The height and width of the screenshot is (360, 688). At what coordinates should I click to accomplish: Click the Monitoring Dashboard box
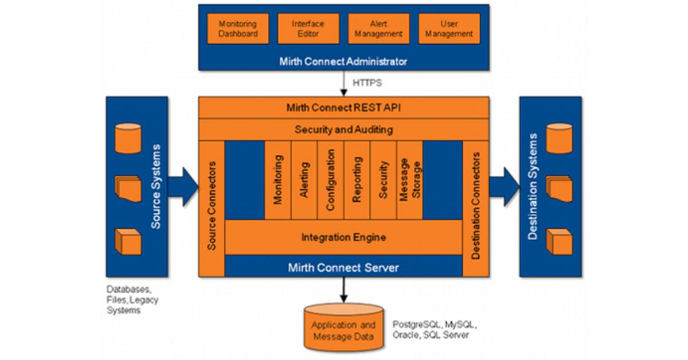tap(238, 29)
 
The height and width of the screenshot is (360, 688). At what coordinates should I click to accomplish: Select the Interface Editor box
tap(308, 29)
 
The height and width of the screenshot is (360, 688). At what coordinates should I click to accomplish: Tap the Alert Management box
tap(378, 29)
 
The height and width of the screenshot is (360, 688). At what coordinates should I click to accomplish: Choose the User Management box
tap(449, 29)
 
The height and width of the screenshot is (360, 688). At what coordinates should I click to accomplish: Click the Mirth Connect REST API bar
tap(343, 107)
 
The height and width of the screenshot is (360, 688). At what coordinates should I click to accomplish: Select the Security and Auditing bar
tap(343, 130)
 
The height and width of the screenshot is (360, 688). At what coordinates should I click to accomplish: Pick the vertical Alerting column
tap(304, 180)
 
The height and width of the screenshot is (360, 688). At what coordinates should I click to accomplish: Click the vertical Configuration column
tap(330, 180)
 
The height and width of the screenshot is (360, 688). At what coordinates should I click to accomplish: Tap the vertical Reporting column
tap(357, 180)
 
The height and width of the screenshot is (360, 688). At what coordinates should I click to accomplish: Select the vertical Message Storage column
tap(410, 180)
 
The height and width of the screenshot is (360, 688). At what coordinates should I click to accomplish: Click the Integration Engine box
tap(343, 237)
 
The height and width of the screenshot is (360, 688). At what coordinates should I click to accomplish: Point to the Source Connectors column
tap(212, 206)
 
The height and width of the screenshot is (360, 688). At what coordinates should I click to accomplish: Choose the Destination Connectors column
tap(475, 206)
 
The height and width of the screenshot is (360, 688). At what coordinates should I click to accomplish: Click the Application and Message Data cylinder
tap(343, 330)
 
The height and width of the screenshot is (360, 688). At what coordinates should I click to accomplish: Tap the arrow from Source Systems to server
tap(183, 187)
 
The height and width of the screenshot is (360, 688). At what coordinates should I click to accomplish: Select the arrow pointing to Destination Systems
tap(504, 187)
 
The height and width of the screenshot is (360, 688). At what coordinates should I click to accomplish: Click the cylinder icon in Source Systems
tap(128, 139)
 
